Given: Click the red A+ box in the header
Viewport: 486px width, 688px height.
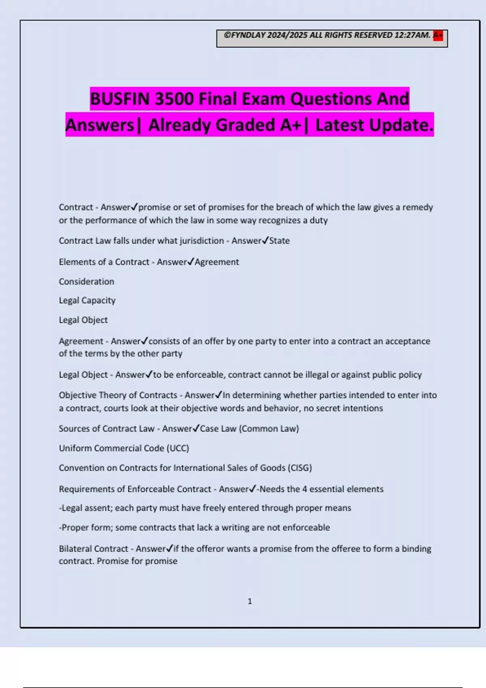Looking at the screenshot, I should [438, 36].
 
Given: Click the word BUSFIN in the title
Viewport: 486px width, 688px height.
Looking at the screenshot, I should [119, 99].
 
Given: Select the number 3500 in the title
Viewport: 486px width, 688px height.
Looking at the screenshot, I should [174, 99].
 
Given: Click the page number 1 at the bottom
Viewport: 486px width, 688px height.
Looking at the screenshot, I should [249, 601].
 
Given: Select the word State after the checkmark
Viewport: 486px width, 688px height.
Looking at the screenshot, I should [279, 241].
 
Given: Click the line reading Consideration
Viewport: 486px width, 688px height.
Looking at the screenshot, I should [86, 281].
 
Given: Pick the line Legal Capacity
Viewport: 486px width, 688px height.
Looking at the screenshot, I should [87, 300].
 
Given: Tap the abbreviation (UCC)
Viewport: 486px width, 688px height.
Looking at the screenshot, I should [178, 448].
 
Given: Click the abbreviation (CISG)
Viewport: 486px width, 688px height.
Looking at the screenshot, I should [300, 468].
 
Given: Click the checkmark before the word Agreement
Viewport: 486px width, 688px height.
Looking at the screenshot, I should [191, 261].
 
